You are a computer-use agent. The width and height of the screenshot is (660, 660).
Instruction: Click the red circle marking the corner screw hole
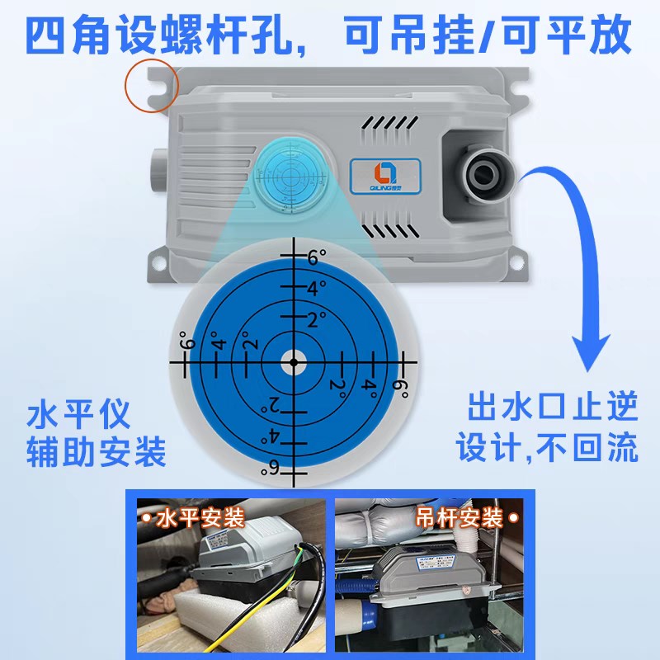(151, 85)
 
